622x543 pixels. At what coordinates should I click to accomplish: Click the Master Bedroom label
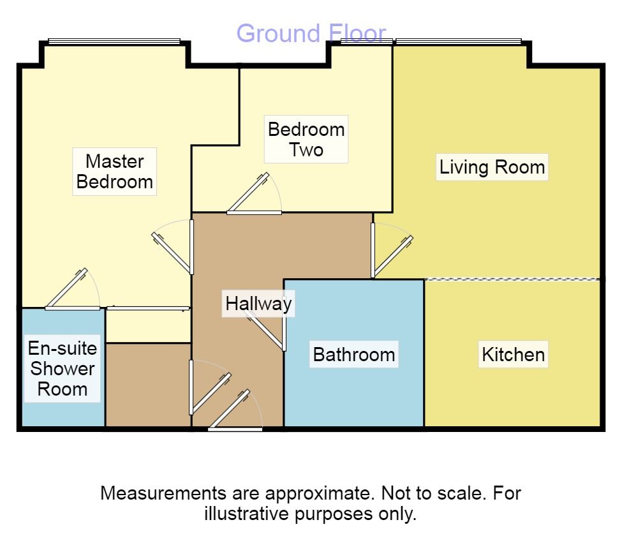click(x=115, y=172)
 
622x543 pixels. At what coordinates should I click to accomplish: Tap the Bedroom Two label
click(x=306, y=139)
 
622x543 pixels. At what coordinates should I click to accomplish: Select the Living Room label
click(x=492, y=167)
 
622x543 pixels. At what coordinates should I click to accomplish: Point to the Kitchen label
click(x=514, y=354)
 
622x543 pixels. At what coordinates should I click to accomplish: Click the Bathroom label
click(x=354, y=354)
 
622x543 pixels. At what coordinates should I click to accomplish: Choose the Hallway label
click(x=258, y=304)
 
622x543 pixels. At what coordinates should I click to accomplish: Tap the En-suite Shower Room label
click(x=63, y=368)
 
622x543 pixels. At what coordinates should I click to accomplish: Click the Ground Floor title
click(x=311, y=33)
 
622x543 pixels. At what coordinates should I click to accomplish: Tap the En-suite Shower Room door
click(x=72, y=290)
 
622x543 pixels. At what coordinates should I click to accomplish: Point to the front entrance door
click(x=235, y=410)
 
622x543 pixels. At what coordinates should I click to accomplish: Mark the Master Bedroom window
click(x=114, y=41)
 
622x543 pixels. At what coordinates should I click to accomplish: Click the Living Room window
click(x=458, y=41)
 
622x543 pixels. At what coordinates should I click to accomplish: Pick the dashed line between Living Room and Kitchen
click(x=512, y=279)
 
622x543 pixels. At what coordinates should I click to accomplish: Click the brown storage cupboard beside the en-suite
click(x=149, y=385)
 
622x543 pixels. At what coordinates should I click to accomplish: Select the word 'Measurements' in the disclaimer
click(x=163, y=493)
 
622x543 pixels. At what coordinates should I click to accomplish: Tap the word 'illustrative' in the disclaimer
click(x=247, y=514)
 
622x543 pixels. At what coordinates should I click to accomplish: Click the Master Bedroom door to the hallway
click(x=173, y=247)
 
